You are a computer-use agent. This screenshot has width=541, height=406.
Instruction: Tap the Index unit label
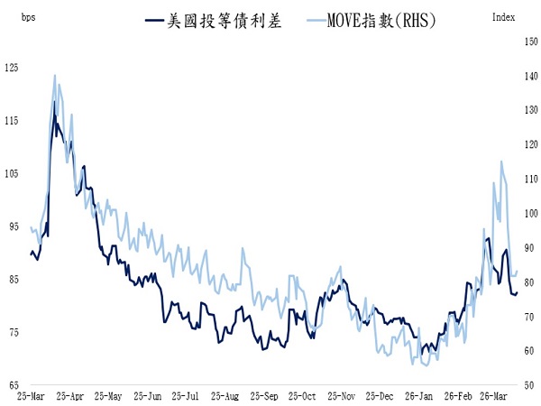[505, 17]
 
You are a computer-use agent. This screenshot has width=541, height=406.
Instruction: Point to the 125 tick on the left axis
[12, 67]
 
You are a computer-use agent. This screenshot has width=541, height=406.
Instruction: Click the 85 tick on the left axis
[12, 280]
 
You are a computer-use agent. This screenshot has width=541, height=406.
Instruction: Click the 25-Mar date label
[32, 396]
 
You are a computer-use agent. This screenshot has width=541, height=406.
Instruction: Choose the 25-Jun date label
[147, 396]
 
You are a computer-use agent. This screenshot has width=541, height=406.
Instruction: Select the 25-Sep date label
[264, 396]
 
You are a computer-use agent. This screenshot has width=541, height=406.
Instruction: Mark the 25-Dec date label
[381, 396]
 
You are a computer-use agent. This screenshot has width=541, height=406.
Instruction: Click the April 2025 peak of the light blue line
[55, 75]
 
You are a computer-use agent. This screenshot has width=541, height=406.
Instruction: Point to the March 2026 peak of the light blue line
[501, 161]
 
